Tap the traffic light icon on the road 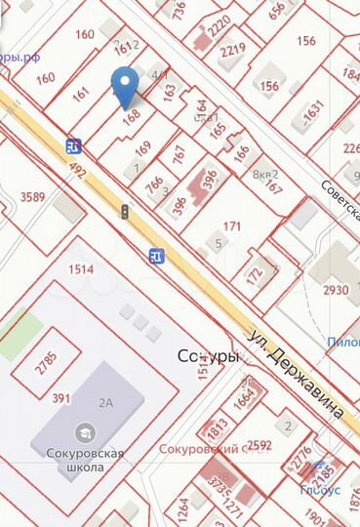pyautogui.click(x=124, y=211)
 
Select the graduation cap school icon pyautogui.click(x=86, y=431)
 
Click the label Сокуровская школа pyautogui.click(x=86, y=460)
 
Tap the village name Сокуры pyautogui.click(x=208, y=357)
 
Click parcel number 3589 pyautogui.click(x=33, y=197)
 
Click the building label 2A pyautogui.click(x=104, y=400)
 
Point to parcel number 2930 pyautogui.click(x=336, y=291)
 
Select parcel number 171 pyautogui.click(x=232, y=226)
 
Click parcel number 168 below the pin pyautogui.click(x=132, y=113)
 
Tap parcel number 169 pyautogui.click(x=142, y=149)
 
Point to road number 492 pyautogui.click(x=77, y=174)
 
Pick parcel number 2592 pyautogui.click(x=260, y=446)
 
